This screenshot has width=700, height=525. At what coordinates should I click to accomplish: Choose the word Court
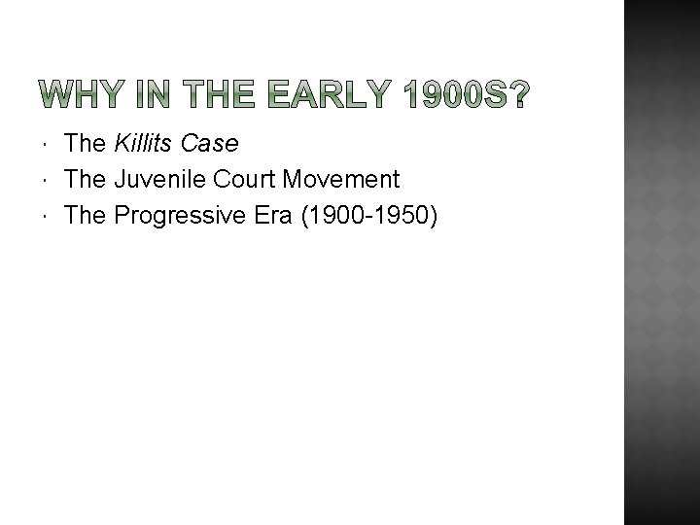[243, 179]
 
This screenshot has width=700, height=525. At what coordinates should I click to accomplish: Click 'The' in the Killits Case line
[85, 144]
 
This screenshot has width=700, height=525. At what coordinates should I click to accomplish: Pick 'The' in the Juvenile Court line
[85, 179]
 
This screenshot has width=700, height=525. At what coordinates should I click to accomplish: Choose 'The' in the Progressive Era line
[85, 214]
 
